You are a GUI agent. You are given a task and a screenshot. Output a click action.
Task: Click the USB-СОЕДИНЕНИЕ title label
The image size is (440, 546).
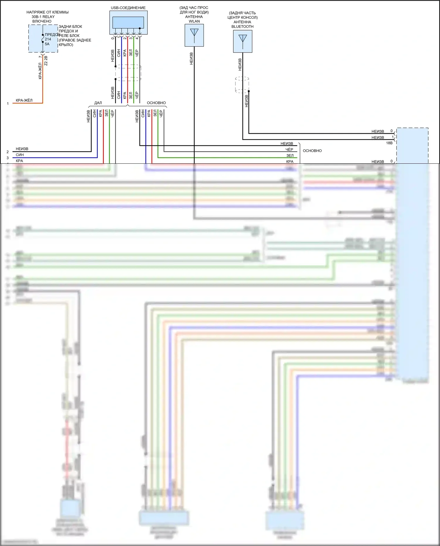(x=128, y=8)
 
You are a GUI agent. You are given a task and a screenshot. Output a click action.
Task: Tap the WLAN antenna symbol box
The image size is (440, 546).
(x=194, y=35)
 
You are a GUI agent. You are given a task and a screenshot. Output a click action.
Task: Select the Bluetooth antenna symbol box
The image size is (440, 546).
(x=242, y=41)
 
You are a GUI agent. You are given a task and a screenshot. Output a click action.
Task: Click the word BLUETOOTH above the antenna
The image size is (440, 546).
(x=242, y=26)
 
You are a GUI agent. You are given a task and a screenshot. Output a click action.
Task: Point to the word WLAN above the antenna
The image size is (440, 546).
(x=194, y=21)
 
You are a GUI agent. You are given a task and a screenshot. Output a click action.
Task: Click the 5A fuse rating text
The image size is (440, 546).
(x=47, y=44)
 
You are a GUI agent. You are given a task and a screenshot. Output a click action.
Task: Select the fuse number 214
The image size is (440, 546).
(x=48, y=39)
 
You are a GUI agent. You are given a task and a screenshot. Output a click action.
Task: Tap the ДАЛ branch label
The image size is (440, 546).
(x=98, y=103)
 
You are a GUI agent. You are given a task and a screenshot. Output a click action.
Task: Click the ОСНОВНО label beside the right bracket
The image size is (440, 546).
(x=312, y=151)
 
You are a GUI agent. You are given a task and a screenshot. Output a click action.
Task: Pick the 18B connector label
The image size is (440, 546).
(x=389, y=143)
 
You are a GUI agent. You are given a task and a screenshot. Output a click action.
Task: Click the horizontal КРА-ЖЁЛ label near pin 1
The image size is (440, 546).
(x=24, y=100)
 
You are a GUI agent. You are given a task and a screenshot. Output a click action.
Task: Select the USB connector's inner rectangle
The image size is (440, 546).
(x=128, y=22)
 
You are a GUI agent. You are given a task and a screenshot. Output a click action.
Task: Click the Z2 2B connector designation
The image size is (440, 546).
(x=46, y=61)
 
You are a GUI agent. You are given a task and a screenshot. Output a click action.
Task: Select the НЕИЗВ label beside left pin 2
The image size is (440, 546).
(x=22, y=149)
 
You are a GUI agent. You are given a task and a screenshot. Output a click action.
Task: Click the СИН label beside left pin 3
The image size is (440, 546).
(x=20, y=155)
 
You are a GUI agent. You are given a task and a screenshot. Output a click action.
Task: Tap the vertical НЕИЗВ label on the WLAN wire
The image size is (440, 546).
(x=191, y=59)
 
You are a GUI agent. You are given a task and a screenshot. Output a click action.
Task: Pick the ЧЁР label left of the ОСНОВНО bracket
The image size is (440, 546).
(x=289, y=150)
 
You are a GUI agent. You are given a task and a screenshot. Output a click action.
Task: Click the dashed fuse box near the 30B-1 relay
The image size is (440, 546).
(x=43, y=38)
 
